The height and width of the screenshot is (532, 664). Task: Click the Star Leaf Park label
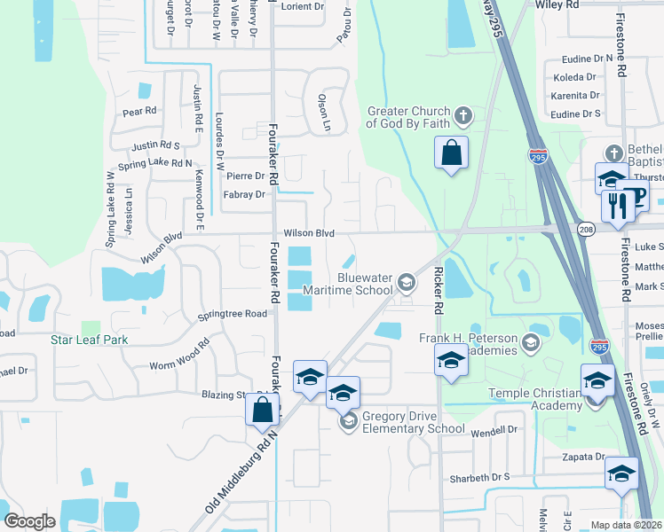[89, 340]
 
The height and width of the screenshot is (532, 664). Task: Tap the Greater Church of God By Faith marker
[462, 116]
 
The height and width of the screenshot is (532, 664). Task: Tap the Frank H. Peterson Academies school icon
[531, 343]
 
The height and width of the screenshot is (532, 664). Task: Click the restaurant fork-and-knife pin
[615, 206]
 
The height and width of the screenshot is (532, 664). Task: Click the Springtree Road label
[232, 314]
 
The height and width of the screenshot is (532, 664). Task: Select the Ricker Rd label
[439, 292]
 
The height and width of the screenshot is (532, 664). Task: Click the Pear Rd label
[139, 112]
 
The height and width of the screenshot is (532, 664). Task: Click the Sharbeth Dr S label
[480, 477]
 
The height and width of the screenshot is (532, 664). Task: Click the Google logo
[29, 520]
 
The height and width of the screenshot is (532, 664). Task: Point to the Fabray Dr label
[244, 194]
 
